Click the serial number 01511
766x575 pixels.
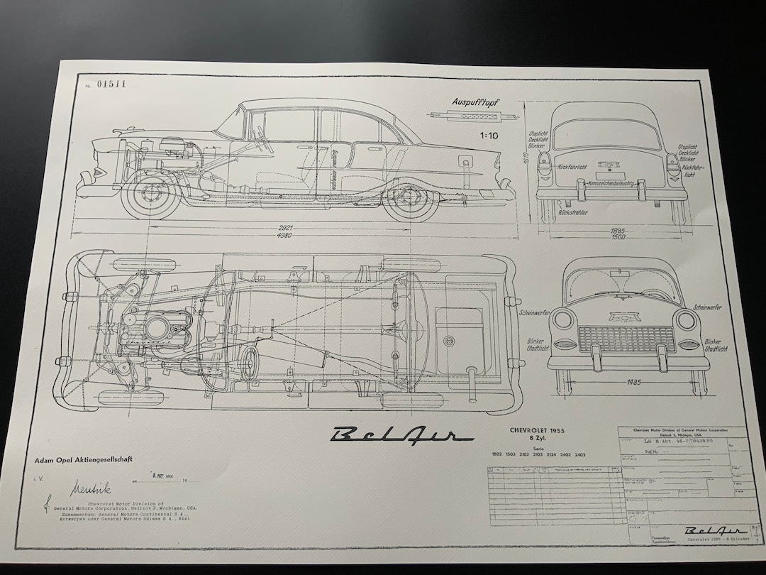point(111,84)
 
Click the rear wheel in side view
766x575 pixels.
point(411,201)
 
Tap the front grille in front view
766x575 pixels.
point(627,339)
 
